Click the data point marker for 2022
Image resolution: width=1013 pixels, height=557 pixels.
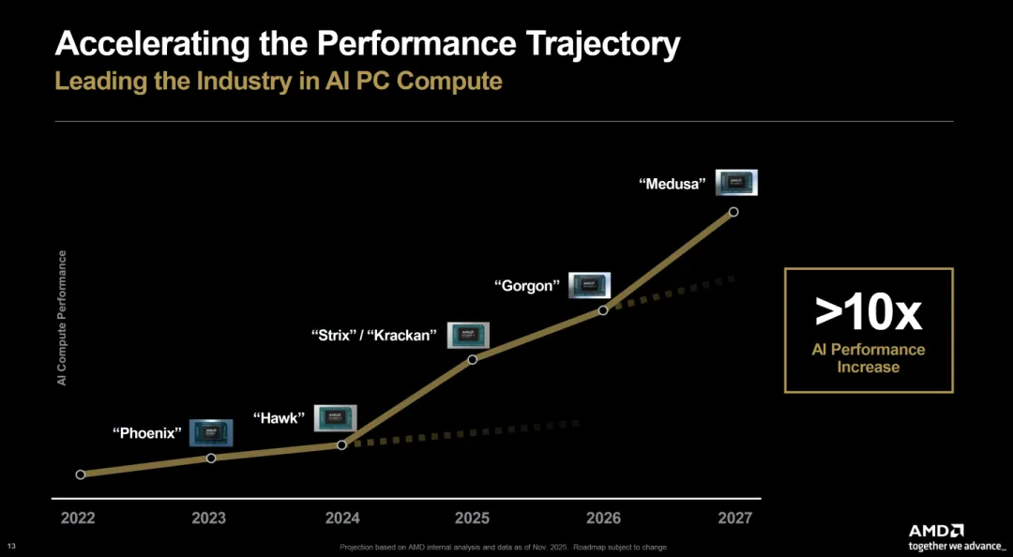coord(81,474)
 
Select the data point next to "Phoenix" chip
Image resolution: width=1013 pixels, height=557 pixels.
coord(211,458)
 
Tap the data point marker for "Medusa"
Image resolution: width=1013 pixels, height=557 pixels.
coord(733,212)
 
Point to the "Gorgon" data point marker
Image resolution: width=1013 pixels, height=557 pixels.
coord(603,309)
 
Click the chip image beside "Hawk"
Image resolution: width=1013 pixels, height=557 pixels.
coord(336,418)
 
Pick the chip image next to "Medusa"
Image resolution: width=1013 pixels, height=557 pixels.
coord(736,182)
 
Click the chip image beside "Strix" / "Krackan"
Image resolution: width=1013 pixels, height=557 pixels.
coord(468,335)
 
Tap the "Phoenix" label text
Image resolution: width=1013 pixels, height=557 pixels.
coord(147,433)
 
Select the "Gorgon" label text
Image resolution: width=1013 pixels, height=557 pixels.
coord(526,286)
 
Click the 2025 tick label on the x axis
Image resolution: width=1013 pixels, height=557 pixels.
coord(472,518)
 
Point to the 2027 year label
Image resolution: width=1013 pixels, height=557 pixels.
coord(733,518)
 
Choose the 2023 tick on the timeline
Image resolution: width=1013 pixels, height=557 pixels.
coord(210,518)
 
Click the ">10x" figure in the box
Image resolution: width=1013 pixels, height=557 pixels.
coord(868,313)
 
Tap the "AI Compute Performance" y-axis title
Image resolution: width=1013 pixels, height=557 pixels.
coord(62,318)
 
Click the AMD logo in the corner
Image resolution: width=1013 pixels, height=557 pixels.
coord(935,530)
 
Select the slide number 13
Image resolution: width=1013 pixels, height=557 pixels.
coord(11,547)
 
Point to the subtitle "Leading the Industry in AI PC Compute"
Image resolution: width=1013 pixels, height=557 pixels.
coord(279,81)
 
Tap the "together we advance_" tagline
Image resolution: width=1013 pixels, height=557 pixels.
coord(956,545)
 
